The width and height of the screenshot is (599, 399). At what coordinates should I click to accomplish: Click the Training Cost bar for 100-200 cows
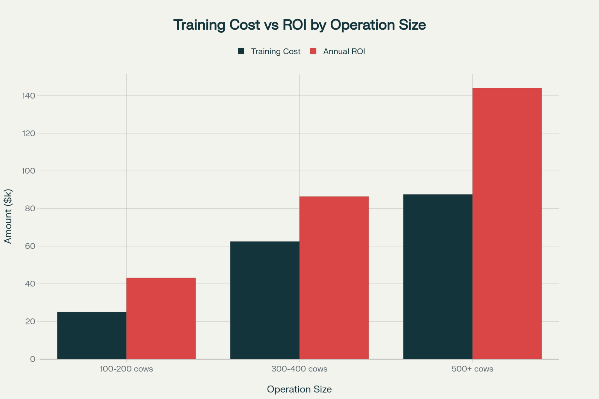click(x=92, y=335)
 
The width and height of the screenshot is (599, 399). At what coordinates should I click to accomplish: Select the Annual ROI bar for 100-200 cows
click(x=161, y=318)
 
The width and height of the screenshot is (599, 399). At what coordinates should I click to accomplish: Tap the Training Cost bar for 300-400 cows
click(x=265, y=300)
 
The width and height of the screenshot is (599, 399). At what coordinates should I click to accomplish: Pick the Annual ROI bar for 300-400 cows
click(x=334, y=277)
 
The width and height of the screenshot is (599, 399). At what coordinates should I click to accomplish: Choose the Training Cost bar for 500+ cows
click(x=438, y=277)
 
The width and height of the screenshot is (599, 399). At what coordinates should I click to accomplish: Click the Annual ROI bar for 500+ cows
click(x=507, y=223)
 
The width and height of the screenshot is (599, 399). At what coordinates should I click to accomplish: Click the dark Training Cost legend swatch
click(x=241, y=51)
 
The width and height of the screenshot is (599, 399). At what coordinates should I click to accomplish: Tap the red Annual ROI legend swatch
click(x=313, y=51)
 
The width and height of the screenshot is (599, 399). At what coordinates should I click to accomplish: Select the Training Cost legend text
click(x=276, y=51)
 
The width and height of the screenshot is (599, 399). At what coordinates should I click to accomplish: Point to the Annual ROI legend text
click(x=344, y=51)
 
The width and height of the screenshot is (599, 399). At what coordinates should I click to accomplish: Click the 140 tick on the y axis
click(x=28, y=96)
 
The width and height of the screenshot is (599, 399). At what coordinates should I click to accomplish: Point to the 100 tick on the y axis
click(x=28, y=171)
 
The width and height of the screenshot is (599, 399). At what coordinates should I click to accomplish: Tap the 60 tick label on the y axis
click(x=30, y=246)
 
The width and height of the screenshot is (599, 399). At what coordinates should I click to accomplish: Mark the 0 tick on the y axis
click(x=33, y=359)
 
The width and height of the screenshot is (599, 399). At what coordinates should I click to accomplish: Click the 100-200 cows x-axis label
click(x=126, y=369)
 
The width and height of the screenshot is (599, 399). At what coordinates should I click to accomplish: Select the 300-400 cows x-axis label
click(x=299, y=369)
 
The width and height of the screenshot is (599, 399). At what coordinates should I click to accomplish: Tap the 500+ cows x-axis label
click(x=472, y=369)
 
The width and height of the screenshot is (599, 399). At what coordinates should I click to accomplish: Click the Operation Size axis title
click(x=299, y=389)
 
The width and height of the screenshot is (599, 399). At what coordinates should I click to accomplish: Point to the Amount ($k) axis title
click(x=8, y=216)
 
